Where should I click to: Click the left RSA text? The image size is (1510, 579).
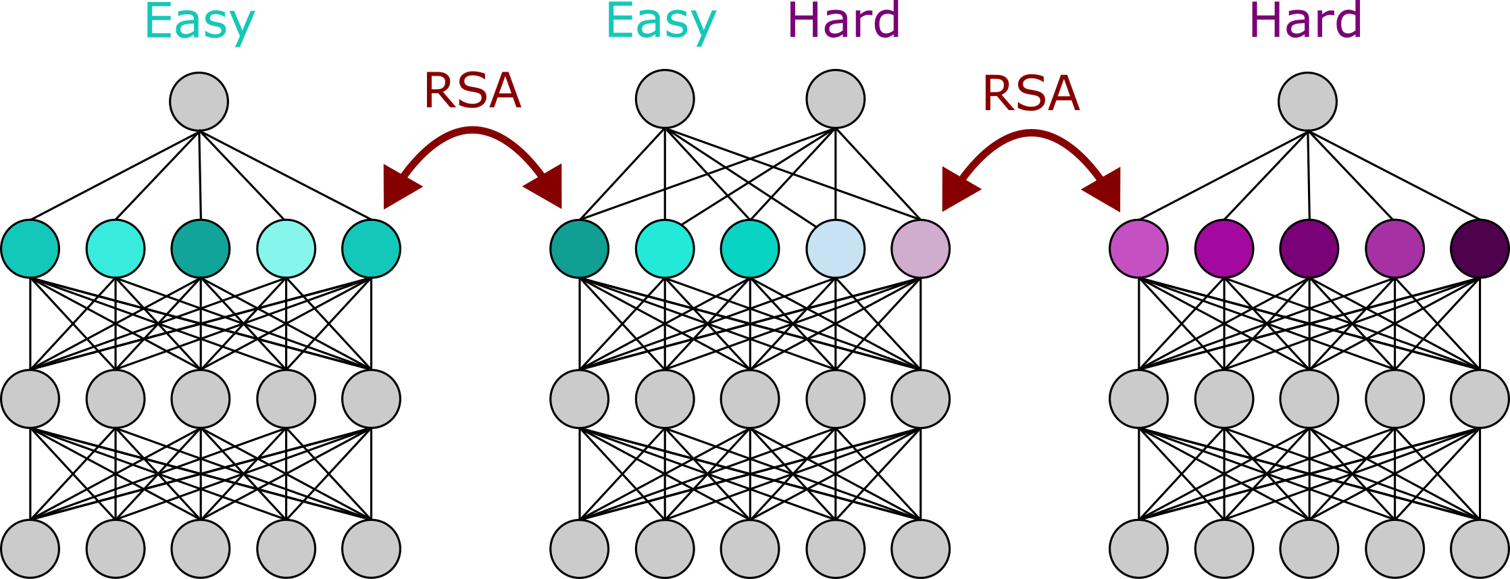click(x=472, y=91)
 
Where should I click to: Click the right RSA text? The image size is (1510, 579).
click(x=1031, y=93)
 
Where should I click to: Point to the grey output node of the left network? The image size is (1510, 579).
click(x=199, y=101)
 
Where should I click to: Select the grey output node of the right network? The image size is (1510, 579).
click(x=1307, y=101)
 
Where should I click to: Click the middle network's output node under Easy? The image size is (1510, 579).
click(x=665, y=99)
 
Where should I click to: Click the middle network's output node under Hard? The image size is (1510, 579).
click(x=836, y=99)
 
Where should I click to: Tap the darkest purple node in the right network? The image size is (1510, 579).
click(x=1480, y=249)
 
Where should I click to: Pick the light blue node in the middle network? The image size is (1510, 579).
click(x=836, y=249)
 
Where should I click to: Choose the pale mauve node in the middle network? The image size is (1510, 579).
click(x=920, y=249)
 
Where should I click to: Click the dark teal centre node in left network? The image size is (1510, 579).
click(x=201, y=249)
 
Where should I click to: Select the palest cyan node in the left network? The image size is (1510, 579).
click(x=286, y=249)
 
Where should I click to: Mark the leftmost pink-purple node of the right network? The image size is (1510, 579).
click(x=1138, y=249)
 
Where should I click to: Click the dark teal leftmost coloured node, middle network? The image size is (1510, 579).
click(x=580, y=249)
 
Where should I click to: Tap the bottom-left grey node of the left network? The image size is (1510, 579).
click(x=30, y=549)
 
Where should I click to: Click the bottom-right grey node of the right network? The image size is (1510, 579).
click(x=1480, y=549)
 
